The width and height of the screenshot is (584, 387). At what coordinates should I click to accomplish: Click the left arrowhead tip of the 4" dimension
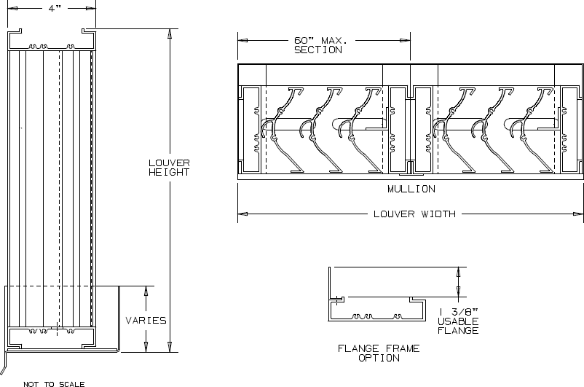click(8, 8)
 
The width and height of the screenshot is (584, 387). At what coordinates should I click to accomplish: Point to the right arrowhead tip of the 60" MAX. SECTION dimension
click(410, 40)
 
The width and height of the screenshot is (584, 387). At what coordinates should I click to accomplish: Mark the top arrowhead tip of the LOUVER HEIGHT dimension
click(170, 28)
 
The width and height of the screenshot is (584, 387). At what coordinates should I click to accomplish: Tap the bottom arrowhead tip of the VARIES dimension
click(146, 352)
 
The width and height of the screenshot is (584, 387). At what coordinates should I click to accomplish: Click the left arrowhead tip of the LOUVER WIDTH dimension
click(238, 214)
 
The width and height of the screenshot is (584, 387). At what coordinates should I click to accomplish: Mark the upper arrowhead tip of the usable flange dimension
click(459, 267)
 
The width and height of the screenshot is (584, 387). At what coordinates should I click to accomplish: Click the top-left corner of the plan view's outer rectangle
click(238, 64)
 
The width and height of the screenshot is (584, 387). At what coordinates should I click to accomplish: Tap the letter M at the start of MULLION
click(391, 189)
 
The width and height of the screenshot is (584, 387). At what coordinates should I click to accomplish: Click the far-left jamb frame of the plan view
click(250, 130)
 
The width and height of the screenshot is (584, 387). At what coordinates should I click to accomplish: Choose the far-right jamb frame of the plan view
click(571, 130)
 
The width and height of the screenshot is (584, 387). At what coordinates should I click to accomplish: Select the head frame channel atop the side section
click(52, 39)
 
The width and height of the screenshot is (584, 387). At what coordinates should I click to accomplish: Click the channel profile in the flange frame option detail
click(377, 309)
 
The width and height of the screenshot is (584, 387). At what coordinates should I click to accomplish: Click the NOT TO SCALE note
click(54, 383)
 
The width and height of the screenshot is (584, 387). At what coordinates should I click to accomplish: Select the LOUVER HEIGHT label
click(169, 168)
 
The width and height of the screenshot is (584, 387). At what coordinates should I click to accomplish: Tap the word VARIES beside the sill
click(146, 320)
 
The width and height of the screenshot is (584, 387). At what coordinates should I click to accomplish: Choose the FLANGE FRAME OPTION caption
click(379, 353)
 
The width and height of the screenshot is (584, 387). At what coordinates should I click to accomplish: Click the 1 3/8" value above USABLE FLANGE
click(458, 312)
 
